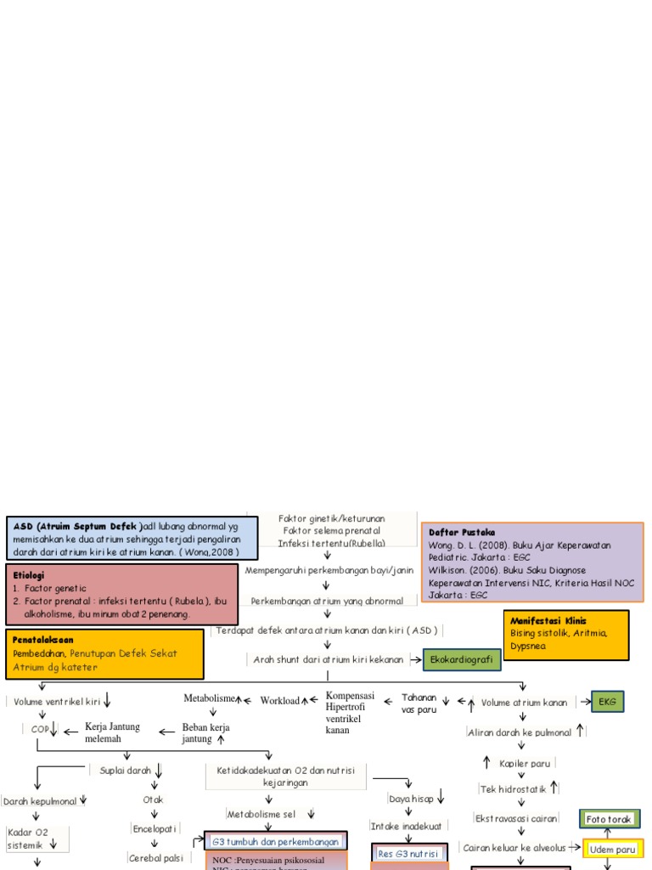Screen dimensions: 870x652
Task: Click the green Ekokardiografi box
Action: (x=462, y=659)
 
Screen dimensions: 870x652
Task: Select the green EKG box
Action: (x=607, y=702)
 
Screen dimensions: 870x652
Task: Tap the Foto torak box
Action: (x=608, y=819)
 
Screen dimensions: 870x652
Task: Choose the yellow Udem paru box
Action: (x=613, y=849)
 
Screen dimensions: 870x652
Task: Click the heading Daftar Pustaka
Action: (x=455, y=532)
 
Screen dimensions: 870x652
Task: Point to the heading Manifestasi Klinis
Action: (x=548, y=620)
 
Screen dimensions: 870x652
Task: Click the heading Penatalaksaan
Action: (x=43, y=639)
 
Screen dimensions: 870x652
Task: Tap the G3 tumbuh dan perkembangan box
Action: (x=276, y=842)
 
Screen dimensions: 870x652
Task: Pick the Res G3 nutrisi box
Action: (x=408, y=853)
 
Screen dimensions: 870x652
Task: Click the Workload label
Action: (x=279, y=701)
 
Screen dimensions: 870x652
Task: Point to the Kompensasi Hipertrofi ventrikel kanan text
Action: (x=349, y=712)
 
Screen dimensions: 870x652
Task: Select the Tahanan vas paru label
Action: (x=419, y=703)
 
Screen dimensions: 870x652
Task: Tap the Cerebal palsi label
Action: (x=156, y=858)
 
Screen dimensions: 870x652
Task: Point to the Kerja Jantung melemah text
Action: (x=112, y=732)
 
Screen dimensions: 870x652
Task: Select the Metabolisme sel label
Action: (x=261, y=814)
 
